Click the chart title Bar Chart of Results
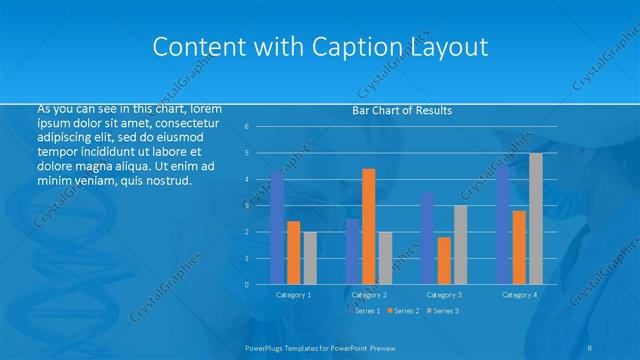coord(402,110)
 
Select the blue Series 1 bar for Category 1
coord(277,228)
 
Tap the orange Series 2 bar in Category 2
coord(368,226)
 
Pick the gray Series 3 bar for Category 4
coord(536,218)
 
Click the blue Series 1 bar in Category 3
coord(427,238)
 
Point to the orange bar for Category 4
coord(519,247)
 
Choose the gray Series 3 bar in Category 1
coord(310,258)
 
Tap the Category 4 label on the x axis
coord(519,295)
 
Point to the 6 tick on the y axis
coord(260,126)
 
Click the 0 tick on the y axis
coord(260,284)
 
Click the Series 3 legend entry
coord(445,311)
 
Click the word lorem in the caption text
coord(205,108)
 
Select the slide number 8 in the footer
coord(590,346)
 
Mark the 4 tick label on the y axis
coord(260,179)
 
